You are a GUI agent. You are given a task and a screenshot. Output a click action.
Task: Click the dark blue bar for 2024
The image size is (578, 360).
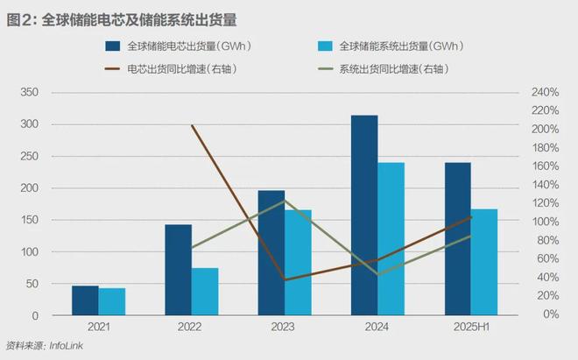coord(363,215)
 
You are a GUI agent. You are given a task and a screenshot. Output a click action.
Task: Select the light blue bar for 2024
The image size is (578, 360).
coord(391,239)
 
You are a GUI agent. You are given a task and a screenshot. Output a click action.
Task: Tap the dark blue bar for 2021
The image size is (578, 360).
coord(85,300)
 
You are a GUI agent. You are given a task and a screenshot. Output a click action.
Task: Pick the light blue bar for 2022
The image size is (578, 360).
coord(205,292)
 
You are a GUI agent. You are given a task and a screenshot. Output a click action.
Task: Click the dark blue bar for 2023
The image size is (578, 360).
coord(271,253)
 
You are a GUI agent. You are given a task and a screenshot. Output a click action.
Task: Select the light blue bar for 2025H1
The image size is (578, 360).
coord(483,262)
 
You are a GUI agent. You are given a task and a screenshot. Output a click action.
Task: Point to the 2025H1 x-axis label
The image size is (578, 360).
coord(470,327)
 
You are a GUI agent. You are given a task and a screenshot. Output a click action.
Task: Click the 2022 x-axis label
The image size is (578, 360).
coord(191,327)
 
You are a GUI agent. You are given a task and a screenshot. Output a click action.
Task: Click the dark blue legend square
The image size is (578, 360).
coord(113,46)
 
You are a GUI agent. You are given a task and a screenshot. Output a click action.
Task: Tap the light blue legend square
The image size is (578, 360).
coord(324,46)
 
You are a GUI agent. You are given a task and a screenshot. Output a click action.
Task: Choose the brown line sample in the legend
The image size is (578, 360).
coord(113,68)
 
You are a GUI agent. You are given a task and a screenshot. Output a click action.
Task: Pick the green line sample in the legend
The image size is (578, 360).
coord(324,68)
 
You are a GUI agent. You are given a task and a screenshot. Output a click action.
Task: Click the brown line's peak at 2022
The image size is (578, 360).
coord(192,125)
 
